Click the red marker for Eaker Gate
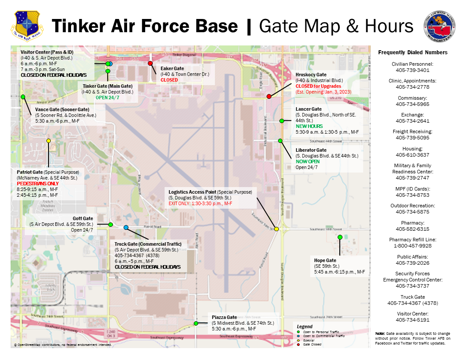[x=150, y=63]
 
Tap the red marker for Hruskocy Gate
[x=269, y=96]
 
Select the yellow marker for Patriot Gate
[x=49, y=141]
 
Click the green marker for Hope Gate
[x=340, y=237]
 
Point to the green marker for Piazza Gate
[x=195, y=323]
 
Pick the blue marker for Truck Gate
[x=126, y=227]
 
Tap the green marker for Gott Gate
[x=110, y=225]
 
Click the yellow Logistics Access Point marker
[x=276, y=229]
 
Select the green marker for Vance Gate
[x=23, y=97]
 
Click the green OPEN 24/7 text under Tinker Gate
[x=107, y=97]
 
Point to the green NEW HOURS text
[x=309, y=126]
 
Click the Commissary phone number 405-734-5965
[x=413, y=104]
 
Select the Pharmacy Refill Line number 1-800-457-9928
[x=413, y=246]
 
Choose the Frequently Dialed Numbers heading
[x=413, y=52]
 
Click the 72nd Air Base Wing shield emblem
[x=27, y=25]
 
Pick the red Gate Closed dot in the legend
[x=298, y=344]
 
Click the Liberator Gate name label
[x=312, y=150]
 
